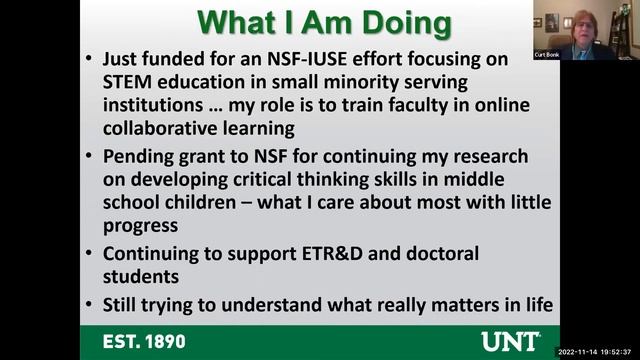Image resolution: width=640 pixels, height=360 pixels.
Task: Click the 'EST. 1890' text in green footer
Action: point(149,341)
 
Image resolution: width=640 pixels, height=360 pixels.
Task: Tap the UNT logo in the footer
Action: point(510,341)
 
